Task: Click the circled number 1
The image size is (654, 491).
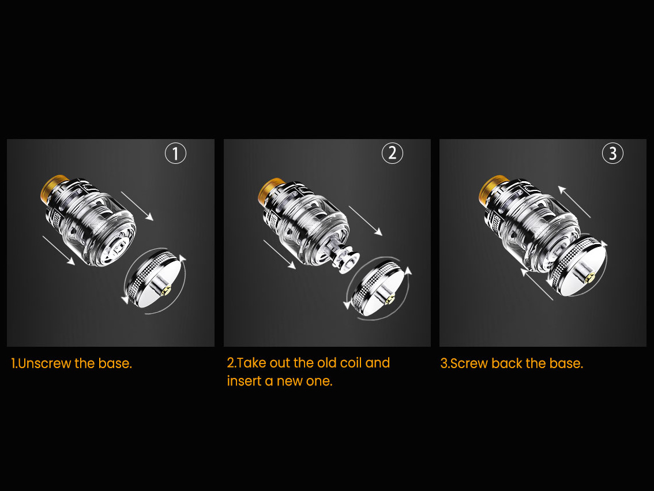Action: coord(175,153)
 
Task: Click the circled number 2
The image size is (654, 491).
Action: coord(393,153)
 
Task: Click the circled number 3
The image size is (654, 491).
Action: coord(612,153)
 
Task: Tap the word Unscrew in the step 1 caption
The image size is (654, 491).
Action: coord(45,363)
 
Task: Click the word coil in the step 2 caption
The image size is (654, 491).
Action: coord(351,362)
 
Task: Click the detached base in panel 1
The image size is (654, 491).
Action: coord(155,279)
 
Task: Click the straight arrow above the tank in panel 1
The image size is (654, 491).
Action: coord(137,206)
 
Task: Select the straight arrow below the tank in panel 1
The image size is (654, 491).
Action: coord(59,250)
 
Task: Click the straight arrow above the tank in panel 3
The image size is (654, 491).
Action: coord(574,202)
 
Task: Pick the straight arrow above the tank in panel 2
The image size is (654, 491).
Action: coord(366,220)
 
